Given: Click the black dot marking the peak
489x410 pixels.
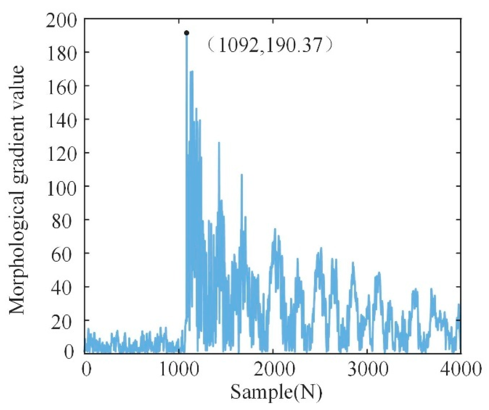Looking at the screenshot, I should (x=187, y=33).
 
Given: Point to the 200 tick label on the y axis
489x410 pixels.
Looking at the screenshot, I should (x=61, y=20).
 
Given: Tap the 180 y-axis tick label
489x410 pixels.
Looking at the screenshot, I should (x=61, y=53).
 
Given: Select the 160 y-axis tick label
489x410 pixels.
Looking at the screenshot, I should (x=61, y=87).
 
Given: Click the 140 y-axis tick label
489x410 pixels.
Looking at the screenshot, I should (x=61, y=121).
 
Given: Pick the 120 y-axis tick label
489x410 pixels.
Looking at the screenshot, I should (x=61, y=154).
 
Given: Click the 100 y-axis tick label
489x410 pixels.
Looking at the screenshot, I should (x=61, y=187).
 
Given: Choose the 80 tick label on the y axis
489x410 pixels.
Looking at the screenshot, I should (x=65, y=221).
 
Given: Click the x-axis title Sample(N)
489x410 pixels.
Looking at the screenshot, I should (x=276, y=392).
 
